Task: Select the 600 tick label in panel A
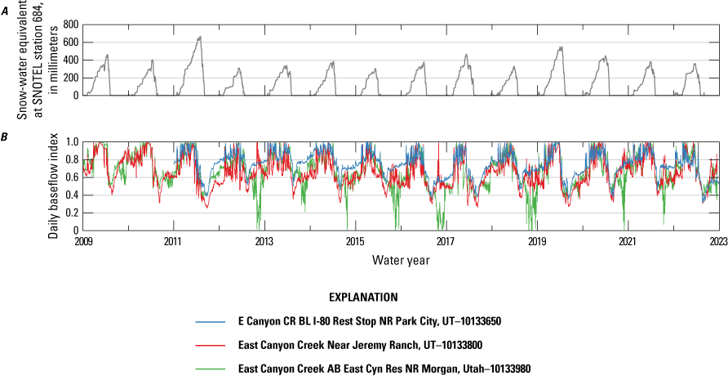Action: [69, 42]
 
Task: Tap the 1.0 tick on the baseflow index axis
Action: [73, 142]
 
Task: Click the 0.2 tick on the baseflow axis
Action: [73, 213]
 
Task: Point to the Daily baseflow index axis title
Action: [52, 186]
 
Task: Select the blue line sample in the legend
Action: [211, 322]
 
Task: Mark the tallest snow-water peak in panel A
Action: [200, 37]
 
